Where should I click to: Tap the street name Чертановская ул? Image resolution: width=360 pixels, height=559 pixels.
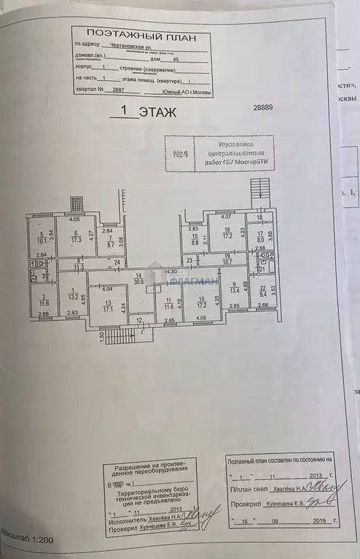pos(120,43)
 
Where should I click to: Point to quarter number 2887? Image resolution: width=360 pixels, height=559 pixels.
pos(114,90)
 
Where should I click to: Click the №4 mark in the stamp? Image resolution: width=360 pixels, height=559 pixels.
pos(181,154)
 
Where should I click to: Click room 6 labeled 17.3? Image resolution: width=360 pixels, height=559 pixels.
pos(75,235)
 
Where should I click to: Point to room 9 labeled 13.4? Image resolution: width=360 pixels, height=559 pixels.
pos(234,289)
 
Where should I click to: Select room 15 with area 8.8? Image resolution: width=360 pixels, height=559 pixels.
pos(195,239)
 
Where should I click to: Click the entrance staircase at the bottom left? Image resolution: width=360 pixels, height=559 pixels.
pos(120,336)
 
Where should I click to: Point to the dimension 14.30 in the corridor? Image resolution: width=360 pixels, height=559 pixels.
pos(171,271)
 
